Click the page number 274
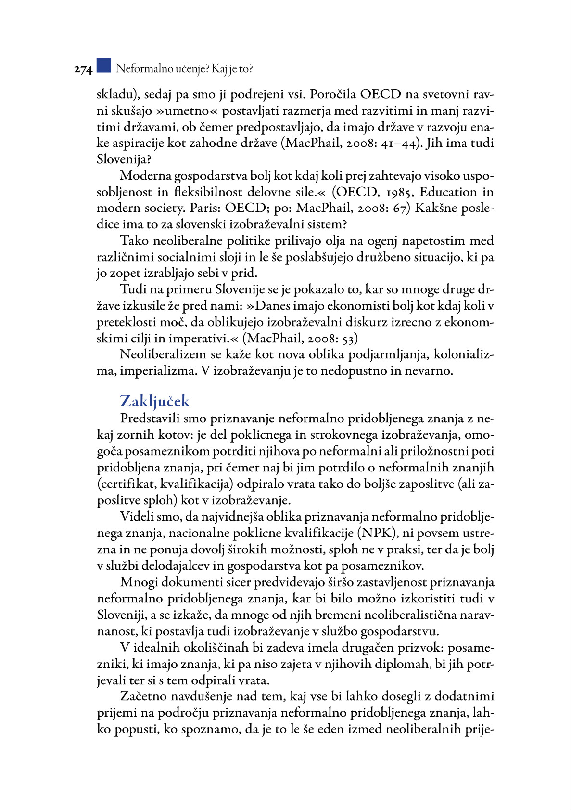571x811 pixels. click(x=83, y=70)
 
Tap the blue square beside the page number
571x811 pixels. click(x=103, y=65)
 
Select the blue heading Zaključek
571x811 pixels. click(x=154, y=401)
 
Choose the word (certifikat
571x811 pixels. click(x=126, y=484)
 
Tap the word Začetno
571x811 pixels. click(x=144, y=696)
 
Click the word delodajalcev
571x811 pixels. click(x=190, y=566)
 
